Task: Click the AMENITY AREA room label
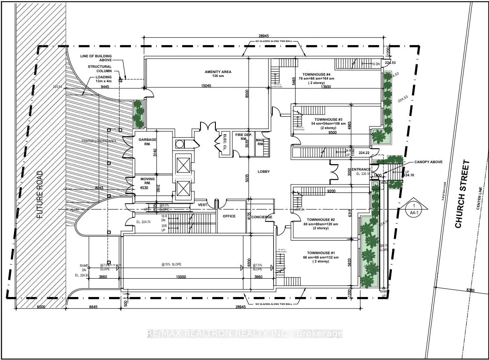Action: click(218, 72)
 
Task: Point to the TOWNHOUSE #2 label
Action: click(320, 220)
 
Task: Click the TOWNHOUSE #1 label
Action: click(320, 253)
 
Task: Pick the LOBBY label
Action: click(264, 172)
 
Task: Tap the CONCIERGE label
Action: click(262, 217)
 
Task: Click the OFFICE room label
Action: click(229, 216)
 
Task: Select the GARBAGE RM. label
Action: click(145, 141)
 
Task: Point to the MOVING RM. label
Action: click(148, 181)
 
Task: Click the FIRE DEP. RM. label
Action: click(243, 137)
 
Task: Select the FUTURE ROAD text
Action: click(40, 195)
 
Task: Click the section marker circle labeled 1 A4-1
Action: click(412, 208)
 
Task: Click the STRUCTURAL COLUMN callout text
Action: click(99, 69)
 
